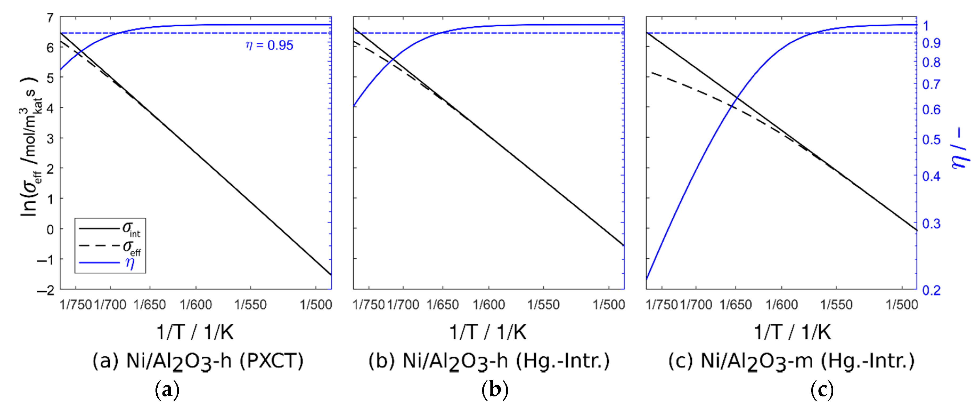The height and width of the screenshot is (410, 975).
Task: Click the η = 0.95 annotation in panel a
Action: (x=269, y=45)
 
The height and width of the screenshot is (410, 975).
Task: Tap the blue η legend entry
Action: (x=129, y=263)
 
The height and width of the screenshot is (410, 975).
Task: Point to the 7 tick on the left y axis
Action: (x=50, y=17)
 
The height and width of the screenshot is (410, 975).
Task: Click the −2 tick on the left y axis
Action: (x=46, y=290)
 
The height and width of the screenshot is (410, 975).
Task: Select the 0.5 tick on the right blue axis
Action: (x=931, y=140)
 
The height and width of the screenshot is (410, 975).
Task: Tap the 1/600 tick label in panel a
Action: (x=196, y=304)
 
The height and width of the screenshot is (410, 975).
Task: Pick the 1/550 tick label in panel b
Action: (x=543, y=304)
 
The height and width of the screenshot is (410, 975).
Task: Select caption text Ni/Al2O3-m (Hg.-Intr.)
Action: (x=807, y=361)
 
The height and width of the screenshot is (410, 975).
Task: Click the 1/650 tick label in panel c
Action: (x=735, y=304)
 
